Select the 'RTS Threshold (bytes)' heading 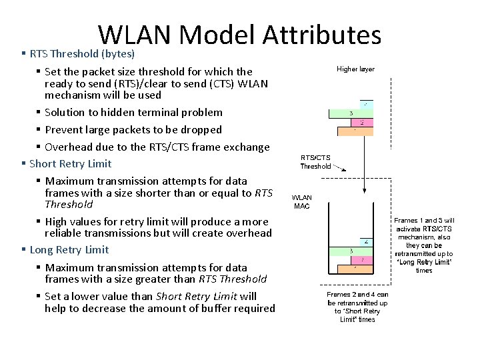click(x=82, y=53)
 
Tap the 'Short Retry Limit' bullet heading click(x=70, y=163)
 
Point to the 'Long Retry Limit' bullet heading click(x=69, y=249)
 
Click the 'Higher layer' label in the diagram click(x=355, y=69)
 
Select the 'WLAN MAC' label click(x=302, y=202)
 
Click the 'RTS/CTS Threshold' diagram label click(x=315, y=162)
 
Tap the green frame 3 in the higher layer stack click(x=351, y=113)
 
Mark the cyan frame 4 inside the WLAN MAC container click(x=365, y=241)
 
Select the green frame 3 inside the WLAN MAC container click(x=351, y=251)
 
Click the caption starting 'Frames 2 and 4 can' click(x=357, y=307)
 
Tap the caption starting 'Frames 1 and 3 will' click(x=424, y=245)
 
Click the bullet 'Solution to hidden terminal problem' click(x=133, y=112)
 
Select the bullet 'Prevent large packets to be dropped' click(x=133, y=129)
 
